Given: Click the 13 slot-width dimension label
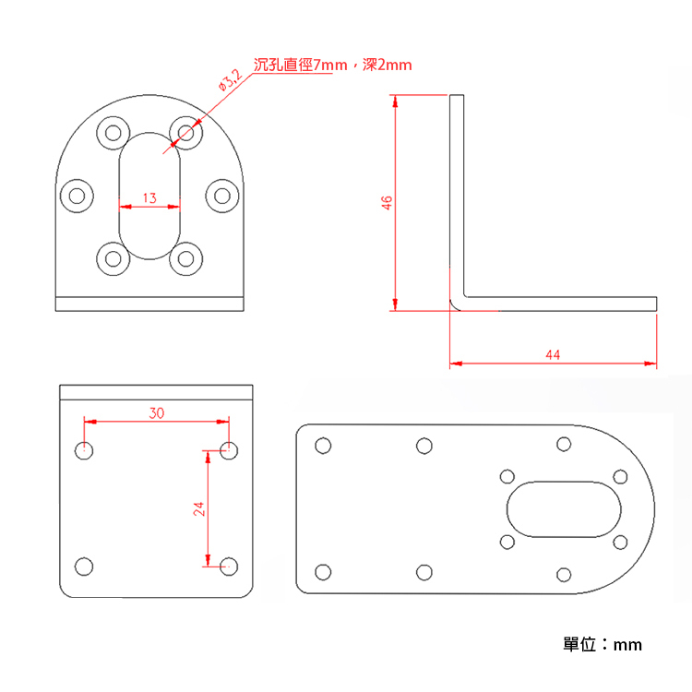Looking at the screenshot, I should pyautogui.click(x=149, y=197).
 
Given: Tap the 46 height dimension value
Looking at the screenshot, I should pyautogui.click(x=388, y=201).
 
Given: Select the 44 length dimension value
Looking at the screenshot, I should pyautogui.click(x=553, y=354).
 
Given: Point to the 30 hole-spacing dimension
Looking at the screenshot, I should pyautogui.click(x=157, y=412).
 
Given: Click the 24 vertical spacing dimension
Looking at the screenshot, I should pyautogui.click(x=198, y=508).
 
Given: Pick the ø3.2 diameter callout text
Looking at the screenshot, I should pyautogui.click(x=230, y=79).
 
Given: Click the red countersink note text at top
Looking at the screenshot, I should pyautogui.click(x=332, y=65).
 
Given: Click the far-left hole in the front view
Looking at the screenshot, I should pyautogui.click(x=77, y=195).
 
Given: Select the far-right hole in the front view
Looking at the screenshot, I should pyautogui.click(x=221, y=195).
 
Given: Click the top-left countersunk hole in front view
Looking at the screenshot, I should pyautogui.click(x=113, y=132).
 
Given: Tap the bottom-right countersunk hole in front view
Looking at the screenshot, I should pyautogui.click(x=185, y=259).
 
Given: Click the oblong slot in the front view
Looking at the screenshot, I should pyautogui.click(x=149, y=195).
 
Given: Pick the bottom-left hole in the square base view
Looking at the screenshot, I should pyautogui.click(x=84, y=567).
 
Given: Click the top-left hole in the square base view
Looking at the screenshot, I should pyautogui.click(x=84, y=451).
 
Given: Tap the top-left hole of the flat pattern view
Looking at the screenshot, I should pyautogui.click(x=322, y=446).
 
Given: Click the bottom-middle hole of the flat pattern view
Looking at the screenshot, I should pyautogui.click(x=424, y=573).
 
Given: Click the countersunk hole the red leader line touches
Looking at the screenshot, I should pyautogui.click(x=185, y=132).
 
